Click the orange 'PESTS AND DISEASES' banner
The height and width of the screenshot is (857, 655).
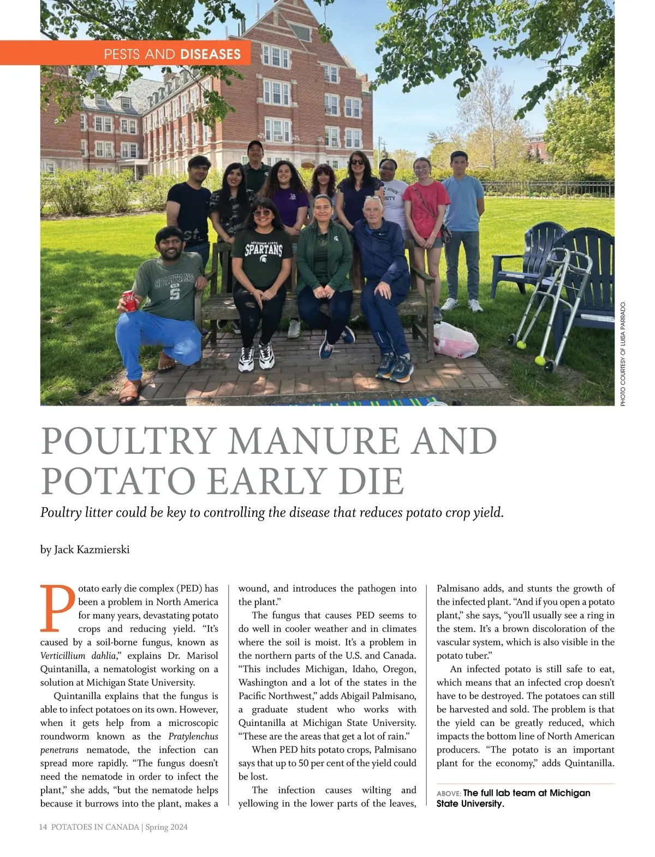tap(172, 54)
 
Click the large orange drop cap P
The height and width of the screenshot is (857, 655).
tap(57, 608)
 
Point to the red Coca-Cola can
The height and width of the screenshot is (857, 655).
tap(130, 301)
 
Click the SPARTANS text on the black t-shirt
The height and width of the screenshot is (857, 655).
tap(264, 250)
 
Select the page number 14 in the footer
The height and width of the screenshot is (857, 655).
tap(43, 827)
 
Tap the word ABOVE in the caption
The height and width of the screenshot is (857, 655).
tap(449, 793)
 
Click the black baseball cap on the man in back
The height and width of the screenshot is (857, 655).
tap(255, 144)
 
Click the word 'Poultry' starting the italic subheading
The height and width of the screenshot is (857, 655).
tap(60, 513)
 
